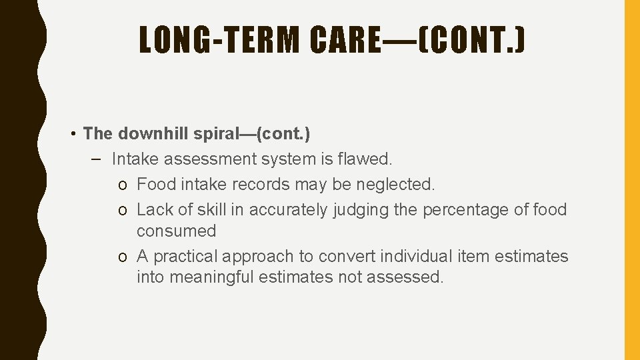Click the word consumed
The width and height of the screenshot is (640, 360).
177,231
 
